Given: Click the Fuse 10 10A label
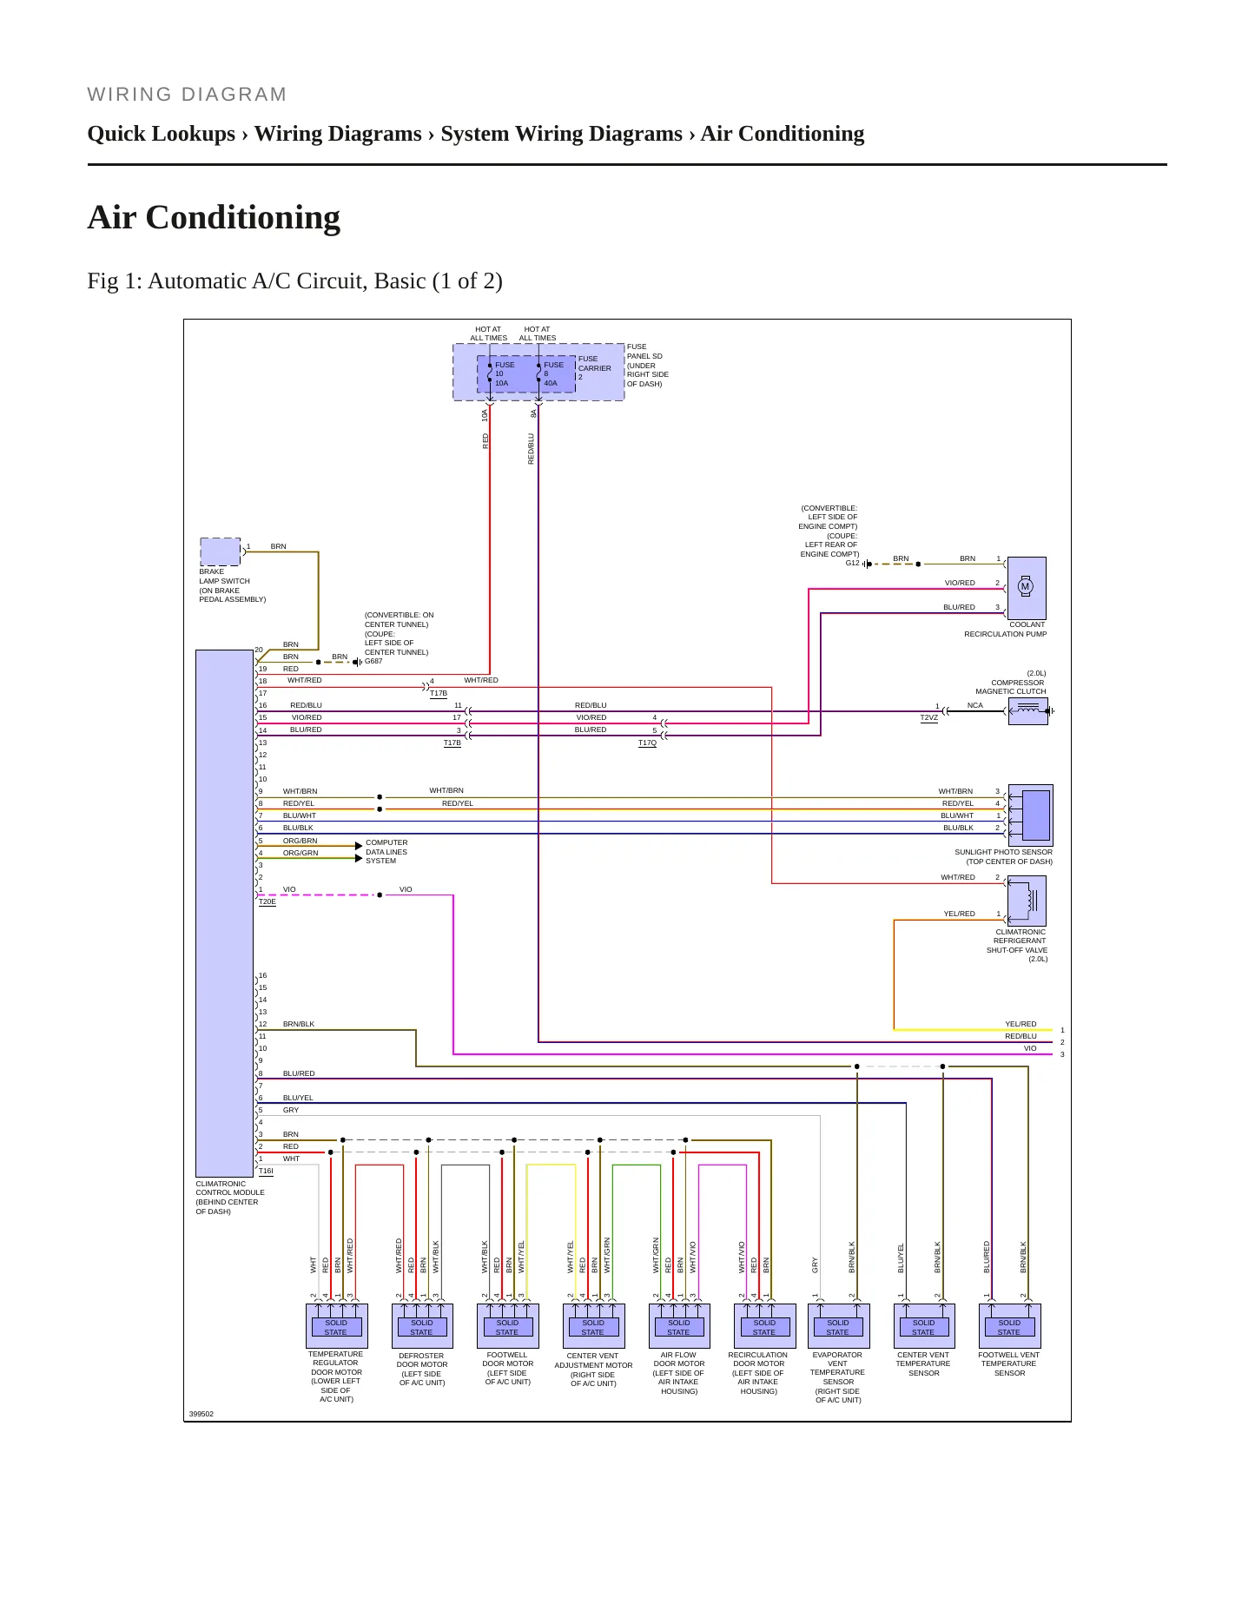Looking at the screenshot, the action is pyautogui.click(x=504, y=373).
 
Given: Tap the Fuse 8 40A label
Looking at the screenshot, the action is pyautogui.click(x=553, y=373).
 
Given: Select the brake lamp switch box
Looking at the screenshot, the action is pyautogui.click(x=221, y=552).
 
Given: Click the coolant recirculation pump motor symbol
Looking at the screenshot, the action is pyautogui.click(x=1025, y=587).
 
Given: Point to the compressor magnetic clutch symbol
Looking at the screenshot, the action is pyautogui.click(x=1027, y=711).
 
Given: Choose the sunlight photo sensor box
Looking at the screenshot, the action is pyautogui.click(x=1031, y=815).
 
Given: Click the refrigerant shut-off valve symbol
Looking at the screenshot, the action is pyautogui.click(x=1027, y=901).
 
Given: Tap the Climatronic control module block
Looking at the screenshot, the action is pyautogui.click(x=224, y=913).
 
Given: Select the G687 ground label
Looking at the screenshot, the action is pyautogui.click(x=373, y=661).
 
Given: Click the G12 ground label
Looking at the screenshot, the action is pyautogui.click(x=852, y=563).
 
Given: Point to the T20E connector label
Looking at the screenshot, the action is pyautogui.click(x=268, y=901).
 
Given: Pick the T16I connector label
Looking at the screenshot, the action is pyautogui.click(x=266, y=1171).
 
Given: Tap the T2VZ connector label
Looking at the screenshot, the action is pyautogui.click(x=928, y=718).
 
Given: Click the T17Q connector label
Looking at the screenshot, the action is pyautogui.click(x=647, y=743).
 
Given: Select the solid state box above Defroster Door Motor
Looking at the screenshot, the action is pyautogui.click(x=421, y=1326).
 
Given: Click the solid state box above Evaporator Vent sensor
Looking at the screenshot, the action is pyautogui.click(x=837, y=1326).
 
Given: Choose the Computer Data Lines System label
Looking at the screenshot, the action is pyautogui.click(x=386, y=852).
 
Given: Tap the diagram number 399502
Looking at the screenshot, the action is pyautogui.click(x=201, y=1414).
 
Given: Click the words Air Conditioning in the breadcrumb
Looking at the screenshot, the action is pyautogui.click(x=783, y=134).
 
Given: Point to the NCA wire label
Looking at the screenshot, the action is pyautogui.click(x=974, y=705).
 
